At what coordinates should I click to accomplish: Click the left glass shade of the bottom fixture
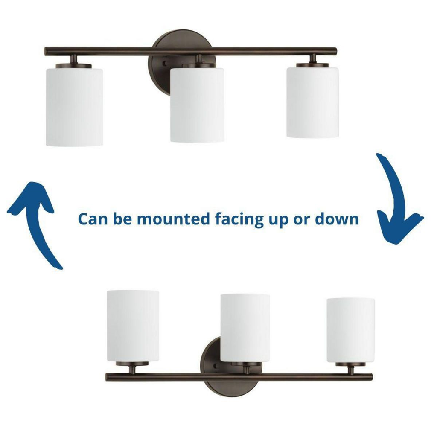(133, 326)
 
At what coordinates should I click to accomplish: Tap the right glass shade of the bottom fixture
(350, 330)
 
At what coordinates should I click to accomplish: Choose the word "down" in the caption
(337, 219)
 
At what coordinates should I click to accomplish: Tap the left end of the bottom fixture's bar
(108, 377)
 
